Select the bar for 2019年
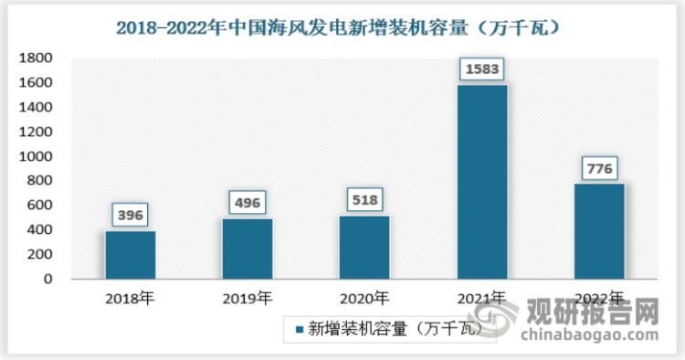point(247,249)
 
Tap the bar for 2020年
point(364,247)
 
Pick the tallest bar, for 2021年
point(482,182)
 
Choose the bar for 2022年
point(599,231)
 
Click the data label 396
point(130,215)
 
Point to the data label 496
point(247,202)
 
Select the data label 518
point(364,199)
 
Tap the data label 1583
point(482,69)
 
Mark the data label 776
point(599,168)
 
